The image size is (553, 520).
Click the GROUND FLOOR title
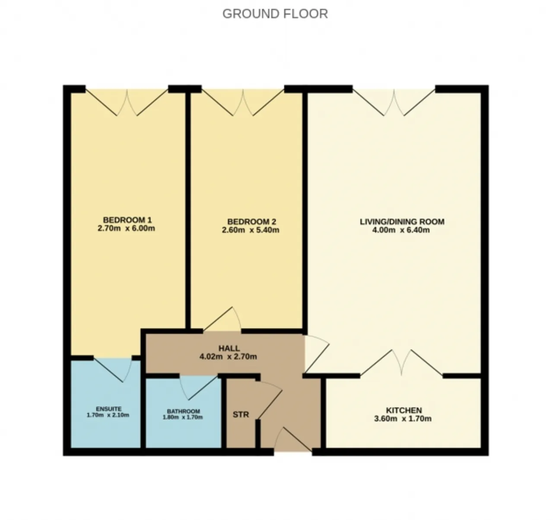275,14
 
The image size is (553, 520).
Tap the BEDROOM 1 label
127,220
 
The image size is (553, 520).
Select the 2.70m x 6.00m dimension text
126,228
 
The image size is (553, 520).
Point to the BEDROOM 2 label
252,222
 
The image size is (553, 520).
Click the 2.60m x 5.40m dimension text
250,230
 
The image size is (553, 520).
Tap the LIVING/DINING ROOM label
402,222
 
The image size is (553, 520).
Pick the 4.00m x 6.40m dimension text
400,230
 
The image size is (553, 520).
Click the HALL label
229,348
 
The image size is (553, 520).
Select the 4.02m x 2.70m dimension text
228,357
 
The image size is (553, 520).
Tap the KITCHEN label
404,410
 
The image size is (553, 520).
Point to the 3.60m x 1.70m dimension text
403,418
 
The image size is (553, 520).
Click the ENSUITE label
108,409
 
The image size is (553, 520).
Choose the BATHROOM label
183,411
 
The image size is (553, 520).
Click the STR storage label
241,415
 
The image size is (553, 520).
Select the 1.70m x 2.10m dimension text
108,415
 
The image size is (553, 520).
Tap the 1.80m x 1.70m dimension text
183,417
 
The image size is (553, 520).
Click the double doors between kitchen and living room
401,362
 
